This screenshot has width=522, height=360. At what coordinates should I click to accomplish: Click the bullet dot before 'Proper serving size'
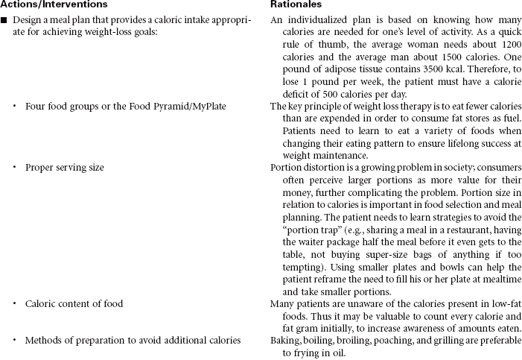[15, 168]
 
